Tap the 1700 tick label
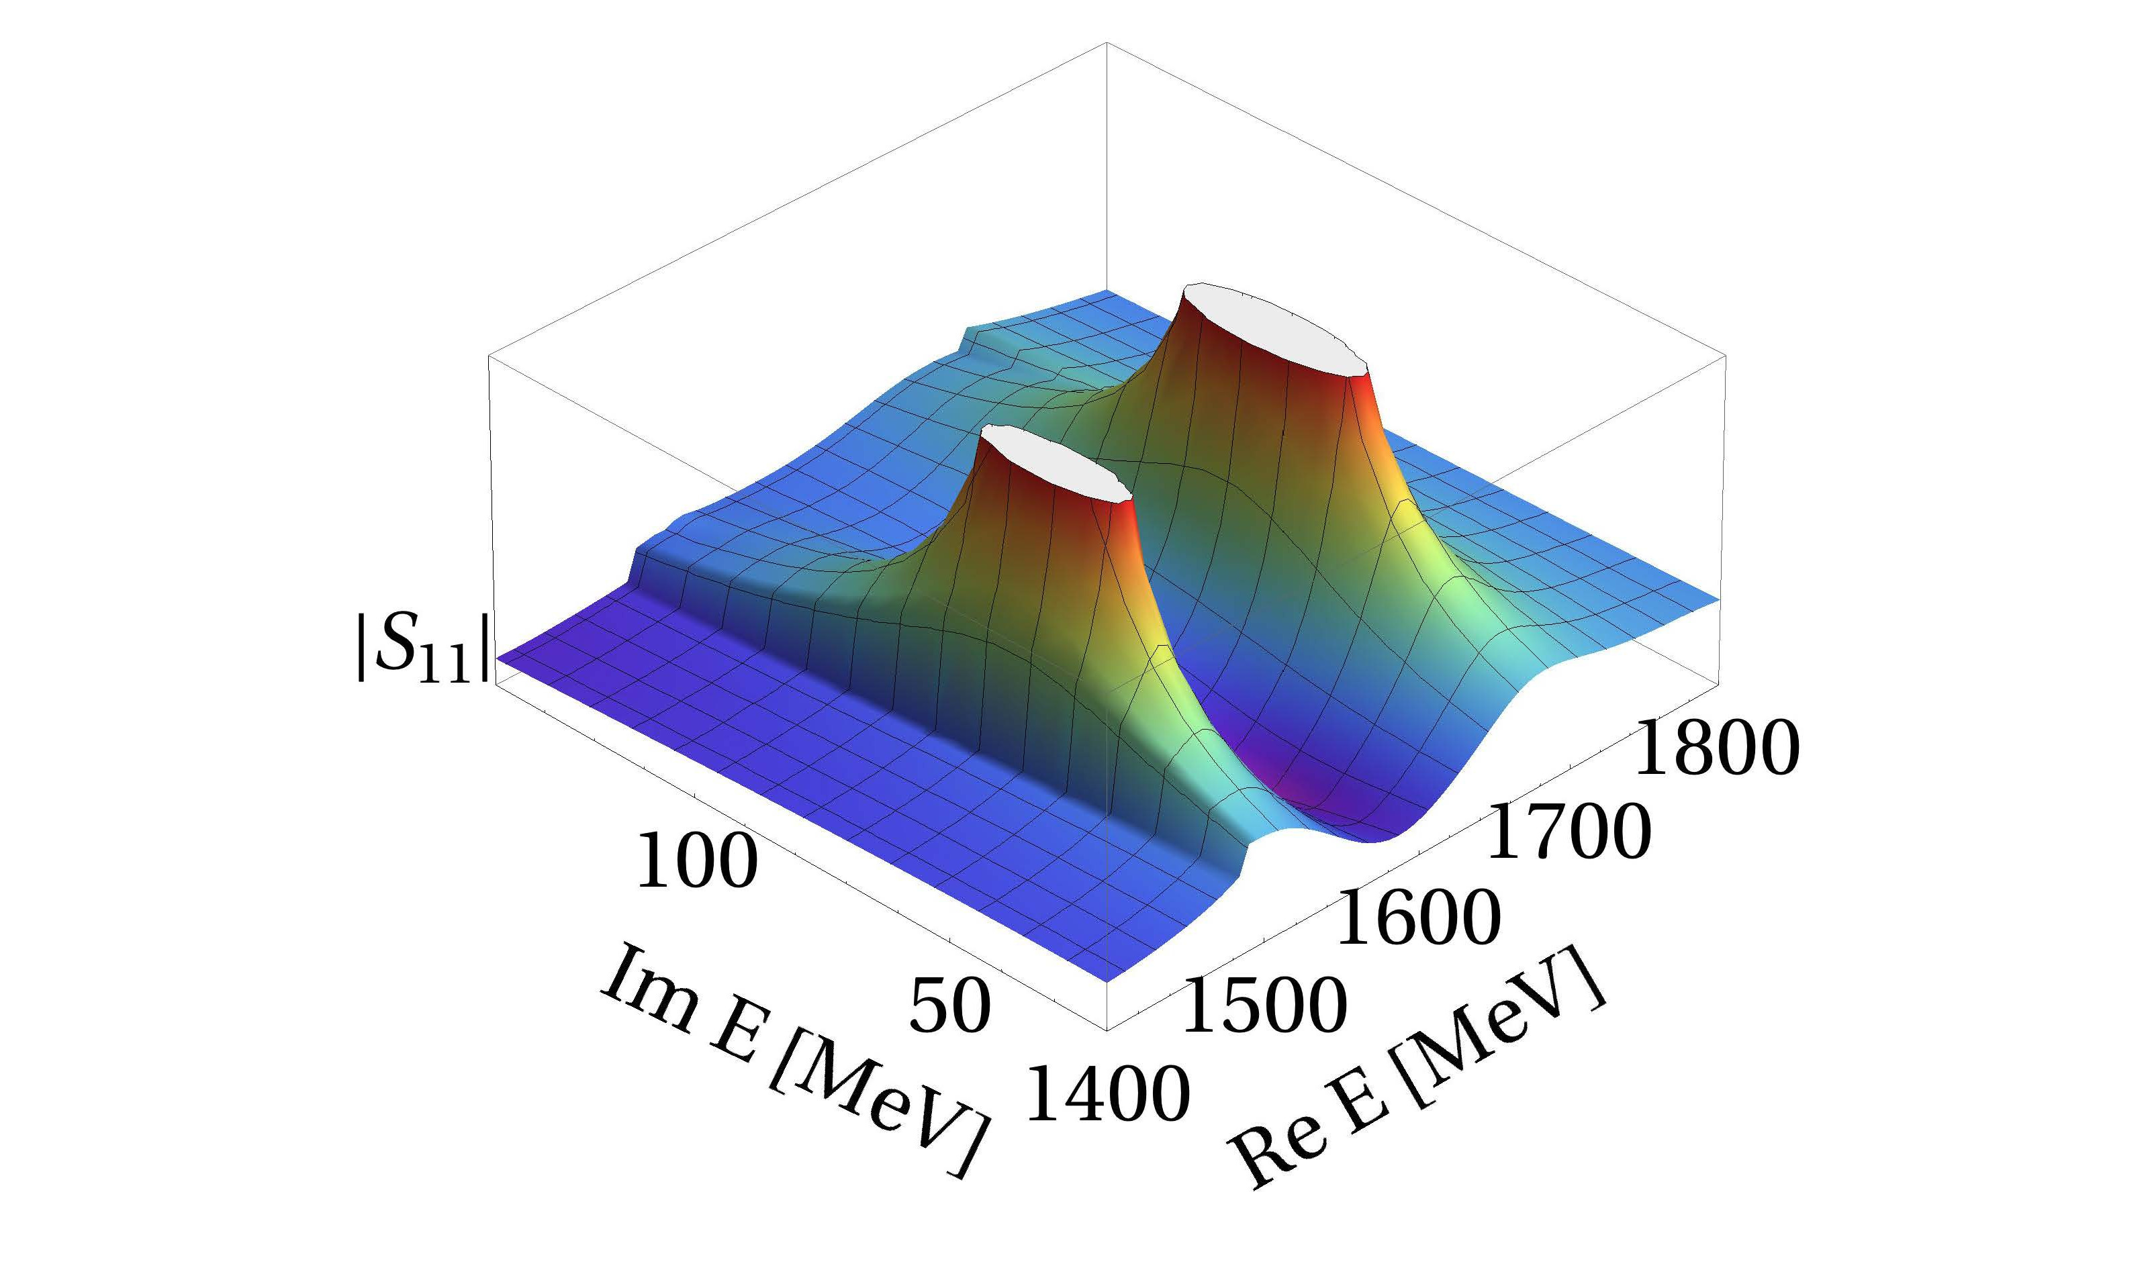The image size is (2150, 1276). pos(1568,832)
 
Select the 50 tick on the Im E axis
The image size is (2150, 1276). pos(949,1007)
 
